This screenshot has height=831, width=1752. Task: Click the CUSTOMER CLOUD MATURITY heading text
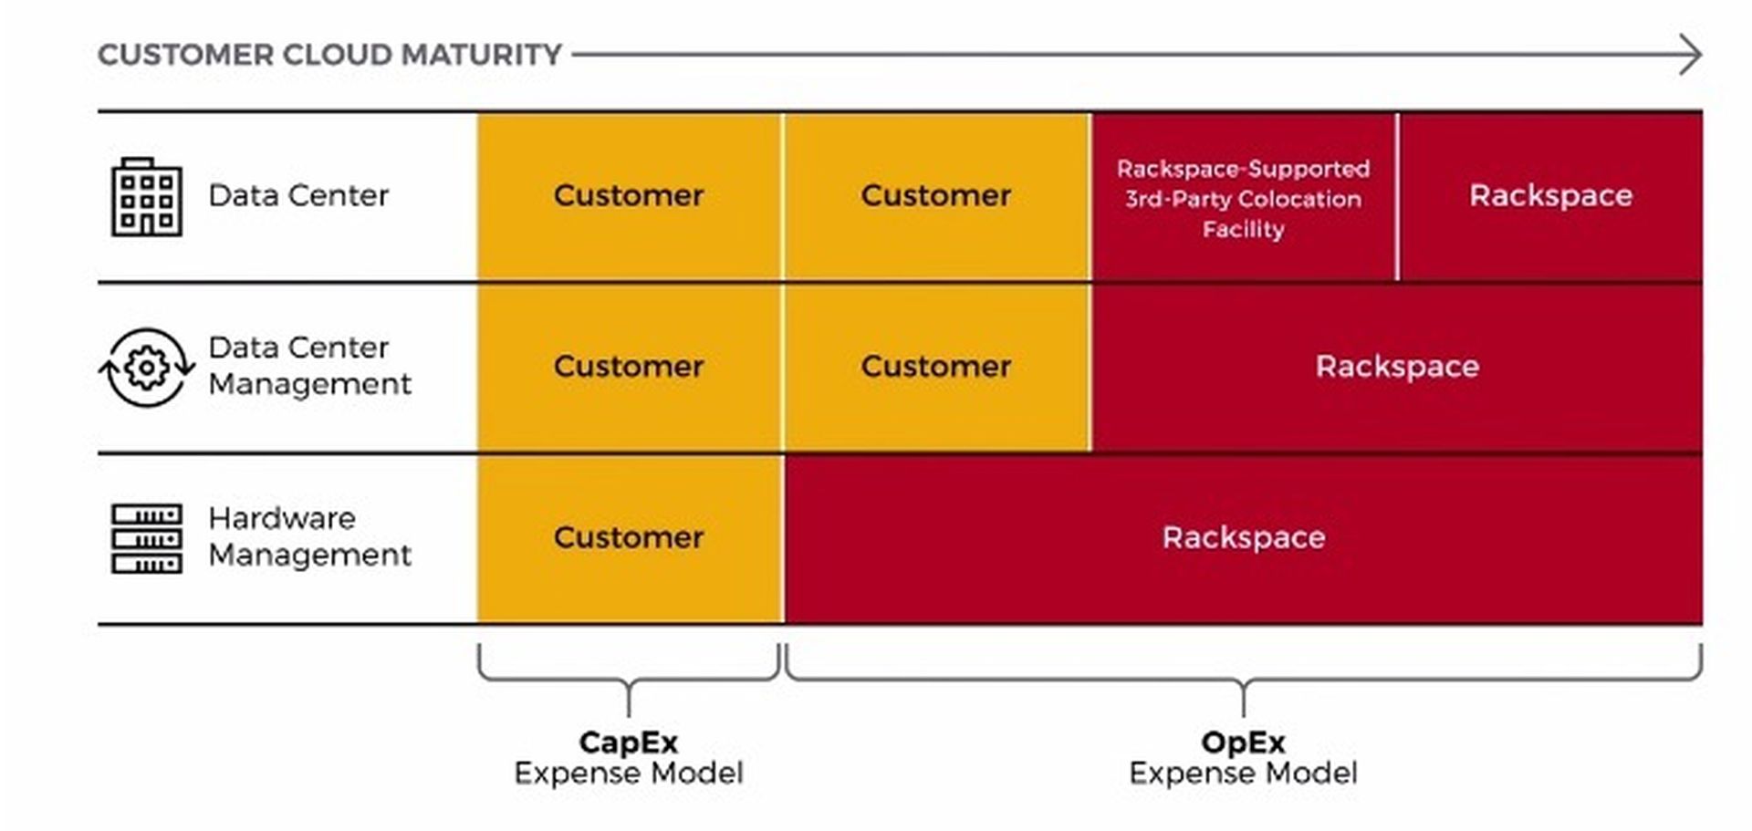[x=328, y=55]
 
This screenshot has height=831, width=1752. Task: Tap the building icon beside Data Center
[x=146, y=197]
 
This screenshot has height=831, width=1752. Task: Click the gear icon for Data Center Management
[x=146, y=368]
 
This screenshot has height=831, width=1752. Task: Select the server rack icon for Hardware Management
[x=146, y=538]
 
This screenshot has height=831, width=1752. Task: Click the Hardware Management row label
[x=308, y=536]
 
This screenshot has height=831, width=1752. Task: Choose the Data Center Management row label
[x=308, y=366]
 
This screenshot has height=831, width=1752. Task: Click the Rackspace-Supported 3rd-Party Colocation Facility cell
[x=1243, y=198]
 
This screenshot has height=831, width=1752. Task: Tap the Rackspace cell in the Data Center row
[x=1550, y=195]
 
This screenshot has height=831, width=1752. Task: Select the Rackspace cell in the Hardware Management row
[x=1243, y=537]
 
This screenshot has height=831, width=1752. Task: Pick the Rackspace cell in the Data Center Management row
[x=1396, y=367]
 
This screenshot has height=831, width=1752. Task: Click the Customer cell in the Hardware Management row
[x=629, y=537]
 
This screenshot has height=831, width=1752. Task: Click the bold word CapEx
[x=628, y=742]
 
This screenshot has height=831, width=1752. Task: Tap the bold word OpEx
[x=1243, y=742]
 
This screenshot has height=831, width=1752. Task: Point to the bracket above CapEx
[x=628, y=680]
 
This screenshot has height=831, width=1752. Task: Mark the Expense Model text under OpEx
[x=1243, y=774]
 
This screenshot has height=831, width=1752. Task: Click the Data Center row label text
[x=298, y=195]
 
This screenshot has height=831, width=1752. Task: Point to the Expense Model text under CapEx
[x=628, y=774]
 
